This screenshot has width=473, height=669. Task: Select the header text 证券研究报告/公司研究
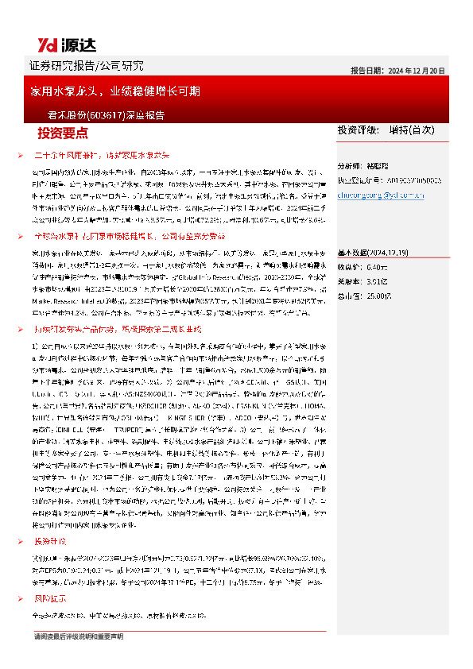pos(87,65)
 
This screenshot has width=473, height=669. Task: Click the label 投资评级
pos(355,129)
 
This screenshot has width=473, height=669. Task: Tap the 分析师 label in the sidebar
pos(351,168)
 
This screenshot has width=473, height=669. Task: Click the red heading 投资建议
pos(52,540)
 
